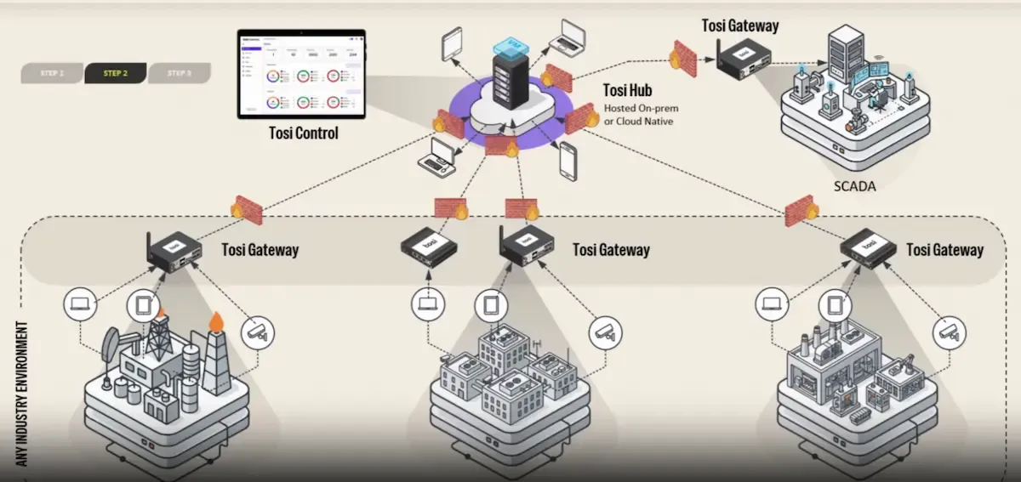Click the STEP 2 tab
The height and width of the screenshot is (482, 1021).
pos(116,73)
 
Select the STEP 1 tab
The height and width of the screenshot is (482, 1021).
pos(52,73)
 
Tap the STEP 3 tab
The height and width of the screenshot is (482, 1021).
pos(179,73)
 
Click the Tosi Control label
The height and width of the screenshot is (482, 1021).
pos(303,133)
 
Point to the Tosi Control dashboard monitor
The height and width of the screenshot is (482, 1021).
pos(301,75)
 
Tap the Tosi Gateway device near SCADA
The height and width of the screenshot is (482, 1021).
pos(743,59)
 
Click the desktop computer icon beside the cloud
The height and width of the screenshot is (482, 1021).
pos(440,156)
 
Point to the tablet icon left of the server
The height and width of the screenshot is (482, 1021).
pos(451,43)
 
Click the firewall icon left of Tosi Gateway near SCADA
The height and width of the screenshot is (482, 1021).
pos(682,54)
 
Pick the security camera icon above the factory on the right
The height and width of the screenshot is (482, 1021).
pos(949,331)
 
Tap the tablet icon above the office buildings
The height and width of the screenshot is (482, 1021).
pos(489,304)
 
